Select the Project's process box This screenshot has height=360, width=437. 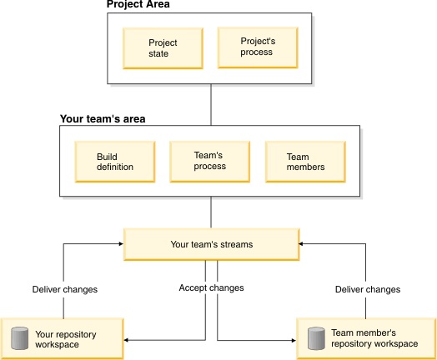click(257, 47)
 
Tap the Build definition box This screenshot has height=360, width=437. click(114, 162)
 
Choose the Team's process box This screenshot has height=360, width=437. click(209, 161)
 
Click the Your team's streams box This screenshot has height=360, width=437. click(211, 244)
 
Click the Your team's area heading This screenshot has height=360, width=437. click(103, 119)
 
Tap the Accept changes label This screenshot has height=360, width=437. click(211, 288)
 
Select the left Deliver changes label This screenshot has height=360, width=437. click(63, 290)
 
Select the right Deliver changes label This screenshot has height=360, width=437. click(366, 290)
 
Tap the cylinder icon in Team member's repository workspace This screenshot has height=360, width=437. click(314, 338)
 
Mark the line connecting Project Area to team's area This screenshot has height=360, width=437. click(211, 104)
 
